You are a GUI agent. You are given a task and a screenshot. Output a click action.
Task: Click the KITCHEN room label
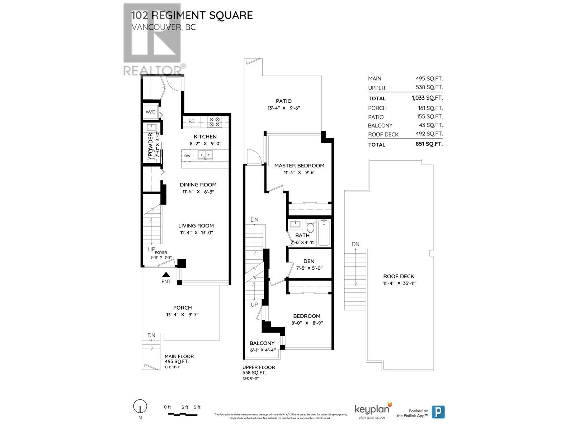(x=205, y=136)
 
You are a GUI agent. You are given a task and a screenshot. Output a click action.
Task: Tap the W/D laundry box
(x=151, y=112)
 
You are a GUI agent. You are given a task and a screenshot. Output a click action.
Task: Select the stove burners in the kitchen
(x=215, y=122)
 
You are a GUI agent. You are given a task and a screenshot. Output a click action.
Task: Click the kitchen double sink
(x=205, y=155)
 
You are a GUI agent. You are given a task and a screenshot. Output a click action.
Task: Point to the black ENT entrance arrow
(x=166, y=274)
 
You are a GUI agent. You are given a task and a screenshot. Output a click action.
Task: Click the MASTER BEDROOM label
(x=299, y=166)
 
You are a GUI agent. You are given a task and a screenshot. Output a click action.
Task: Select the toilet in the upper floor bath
(x=310, y=227)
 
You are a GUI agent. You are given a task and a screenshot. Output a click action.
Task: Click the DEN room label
(x=309, y=261)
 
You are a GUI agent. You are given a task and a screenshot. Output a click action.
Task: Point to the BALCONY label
(x=262, y=343)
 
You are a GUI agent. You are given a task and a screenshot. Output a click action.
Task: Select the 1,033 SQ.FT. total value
(x=427, y=98)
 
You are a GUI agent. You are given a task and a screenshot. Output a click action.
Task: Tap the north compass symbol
(x=140, y=407)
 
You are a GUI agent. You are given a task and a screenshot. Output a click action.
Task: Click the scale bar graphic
(x=183, y=414)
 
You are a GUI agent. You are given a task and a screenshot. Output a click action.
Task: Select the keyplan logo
(x=372, y=411)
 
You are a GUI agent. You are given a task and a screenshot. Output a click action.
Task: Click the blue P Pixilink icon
(x=438, y=412)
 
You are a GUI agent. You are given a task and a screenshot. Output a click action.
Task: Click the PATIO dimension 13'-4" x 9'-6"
(x=283, y=108)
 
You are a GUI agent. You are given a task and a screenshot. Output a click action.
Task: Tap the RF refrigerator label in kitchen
(x=192, y=121)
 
